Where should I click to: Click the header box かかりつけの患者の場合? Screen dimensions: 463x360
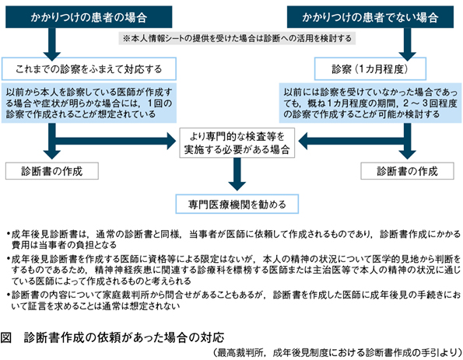click(x=89, y=17)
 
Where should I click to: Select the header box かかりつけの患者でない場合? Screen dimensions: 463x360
click(x=370, y=17)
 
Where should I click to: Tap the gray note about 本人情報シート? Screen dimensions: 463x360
click(x=237, y=38)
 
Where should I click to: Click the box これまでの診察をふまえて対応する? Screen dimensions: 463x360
click(x=89, y=68)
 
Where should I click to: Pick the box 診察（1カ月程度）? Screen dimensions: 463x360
click(x=370, y=68)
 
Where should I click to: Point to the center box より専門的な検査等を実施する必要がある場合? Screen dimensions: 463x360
click(x=237, y=143)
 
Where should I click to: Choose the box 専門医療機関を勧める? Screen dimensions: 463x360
click(x=237, y=204)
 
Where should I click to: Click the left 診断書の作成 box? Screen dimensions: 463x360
click(x=52, y=171)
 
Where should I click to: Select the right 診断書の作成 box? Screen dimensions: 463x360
click(x=407, y=171)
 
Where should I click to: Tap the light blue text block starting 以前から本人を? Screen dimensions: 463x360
click(x=89, y=103)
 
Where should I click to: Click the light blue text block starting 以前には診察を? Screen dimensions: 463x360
click(x=370, y=103)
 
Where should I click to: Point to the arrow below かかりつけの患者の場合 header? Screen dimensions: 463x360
click(x=52, y=44)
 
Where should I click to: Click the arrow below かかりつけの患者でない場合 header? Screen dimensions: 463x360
click(x=408, y=44)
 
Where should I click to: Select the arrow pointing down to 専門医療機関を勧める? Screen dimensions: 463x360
click(x=237, y=174)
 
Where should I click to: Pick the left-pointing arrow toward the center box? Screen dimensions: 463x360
click(x=352, y=141)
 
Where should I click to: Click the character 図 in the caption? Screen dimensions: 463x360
click(x=6, y=337)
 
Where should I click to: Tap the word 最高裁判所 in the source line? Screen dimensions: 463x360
click(x=239, y=353)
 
